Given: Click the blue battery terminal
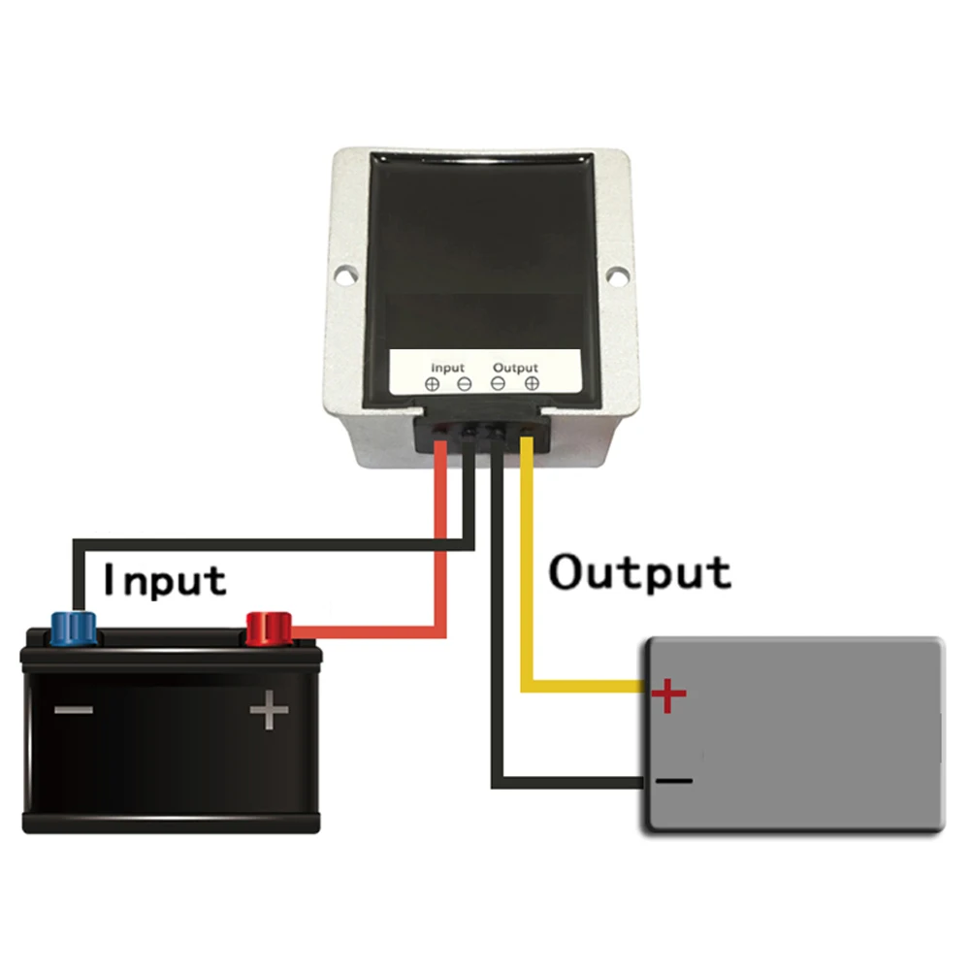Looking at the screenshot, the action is pos(74,628).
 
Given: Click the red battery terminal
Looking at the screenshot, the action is pos(269,629).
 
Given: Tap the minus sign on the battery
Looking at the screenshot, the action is pos(74,710).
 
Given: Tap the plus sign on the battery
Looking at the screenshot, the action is pos(269,710).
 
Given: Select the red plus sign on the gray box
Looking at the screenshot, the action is pos(668,695).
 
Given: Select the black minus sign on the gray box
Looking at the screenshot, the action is pos(674,781).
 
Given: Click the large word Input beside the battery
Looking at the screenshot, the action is pos(165,581).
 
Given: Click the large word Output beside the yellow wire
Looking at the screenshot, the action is pos(639,571).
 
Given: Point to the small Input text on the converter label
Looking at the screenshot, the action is pos(447,368).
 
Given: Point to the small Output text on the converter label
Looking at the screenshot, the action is pos(515,368).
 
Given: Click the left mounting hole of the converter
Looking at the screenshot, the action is pos(345,274).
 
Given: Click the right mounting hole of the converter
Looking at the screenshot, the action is pos(617,275).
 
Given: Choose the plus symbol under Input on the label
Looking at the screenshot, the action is pos(433,384).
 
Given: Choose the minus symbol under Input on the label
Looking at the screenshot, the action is pos(464,384).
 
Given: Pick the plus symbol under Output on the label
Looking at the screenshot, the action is pos(532,383).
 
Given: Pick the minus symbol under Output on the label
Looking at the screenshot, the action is pos(498,383).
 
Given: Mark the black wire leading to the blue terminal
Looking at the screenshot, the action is pos(273,545).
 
